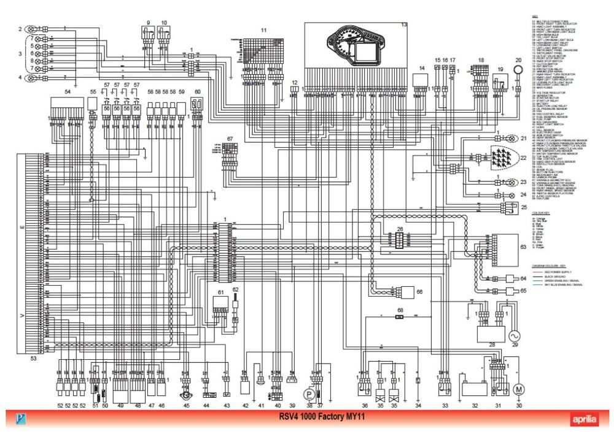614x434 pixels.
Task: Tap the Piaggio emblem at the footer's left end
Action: pos(21,420)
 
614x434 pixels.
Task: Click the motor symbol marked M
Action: pos(518,389)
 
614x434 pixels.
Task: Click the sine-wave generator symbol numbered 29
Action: pos(513,335)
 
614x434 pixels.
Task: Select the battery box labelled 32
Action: pos(474,389)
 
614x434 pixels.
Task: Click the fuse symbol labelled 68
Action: pos(399,318)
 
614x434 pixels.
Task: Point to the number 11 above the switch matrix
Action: pos(263,29)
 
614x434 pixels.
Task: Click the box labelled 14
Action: pos(422,81)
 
